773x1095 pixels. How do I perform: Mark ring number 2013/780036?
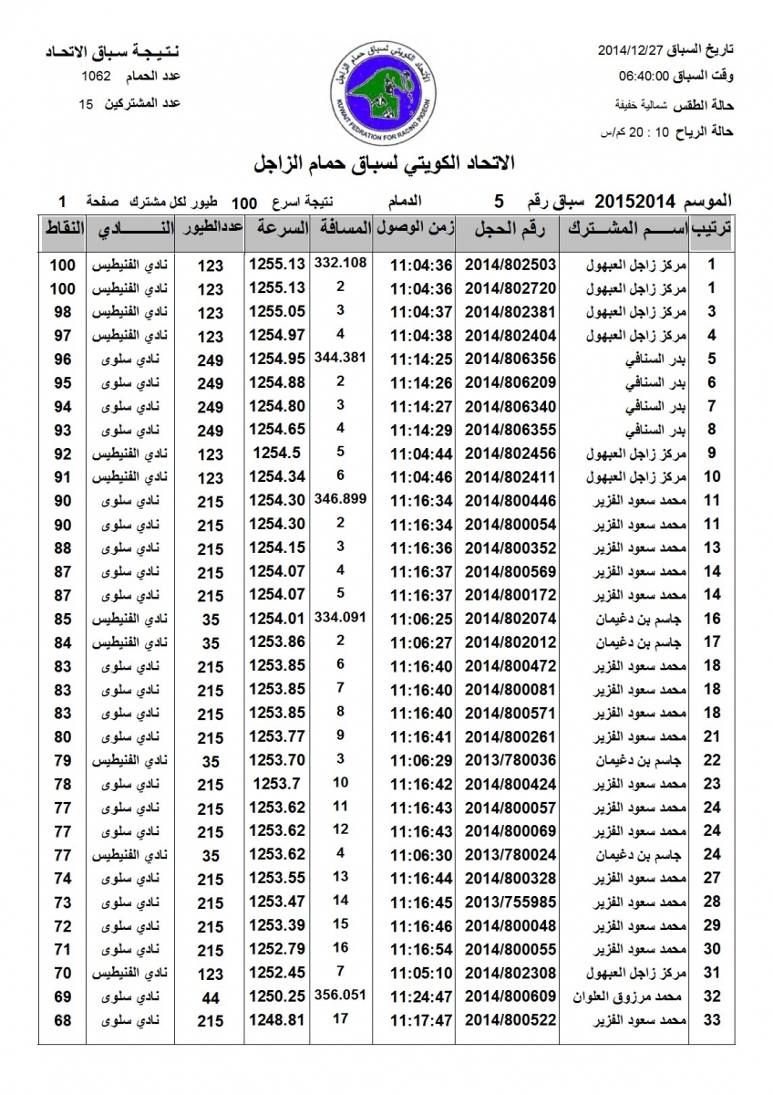point(510,760)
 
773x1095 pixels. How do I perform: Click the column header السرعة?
point(277,229)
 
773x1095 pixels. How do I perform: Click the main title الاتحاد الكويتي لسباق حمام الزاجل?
point(386,163)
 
